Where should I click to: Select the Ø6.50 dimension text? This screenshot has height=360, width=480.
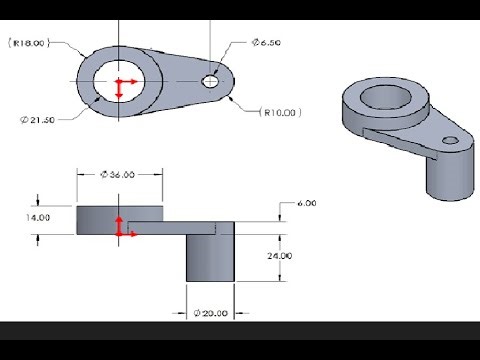[x=267, y=43]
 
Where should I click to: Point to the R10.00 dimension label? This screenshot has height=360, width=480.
[x=281, y=112]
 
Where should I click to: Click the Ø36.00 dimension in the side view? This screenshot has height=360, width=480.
[x=119, y=173]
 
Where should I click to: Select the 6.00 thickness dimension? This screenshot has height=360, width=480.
[x=307, y=203]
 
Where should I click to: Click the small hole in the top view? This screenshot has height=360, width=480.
[x=211, y=80]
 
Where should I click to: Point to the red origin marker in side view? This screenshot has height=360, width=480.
[x=122, y=228]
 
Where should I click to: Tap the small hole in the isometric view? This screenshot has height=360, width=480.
[x=450, y=139]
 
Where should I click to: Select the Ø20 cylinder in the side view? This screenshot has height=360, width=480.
[x=211, y=257]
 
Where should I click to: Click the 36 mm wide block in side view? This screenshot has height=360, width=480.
[x=100, y=219]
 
